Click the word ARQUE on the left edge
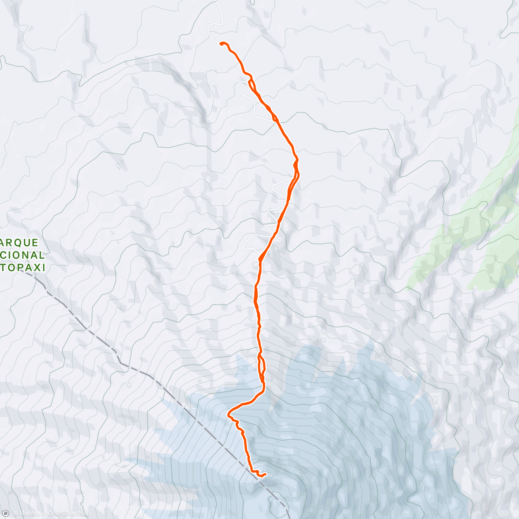(20, 243)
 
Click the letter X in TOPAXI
(36, 268)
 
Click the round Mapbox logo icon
(6, 513)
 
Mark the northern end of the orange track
(221, 43)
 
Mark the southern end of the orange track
(264, 474)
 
